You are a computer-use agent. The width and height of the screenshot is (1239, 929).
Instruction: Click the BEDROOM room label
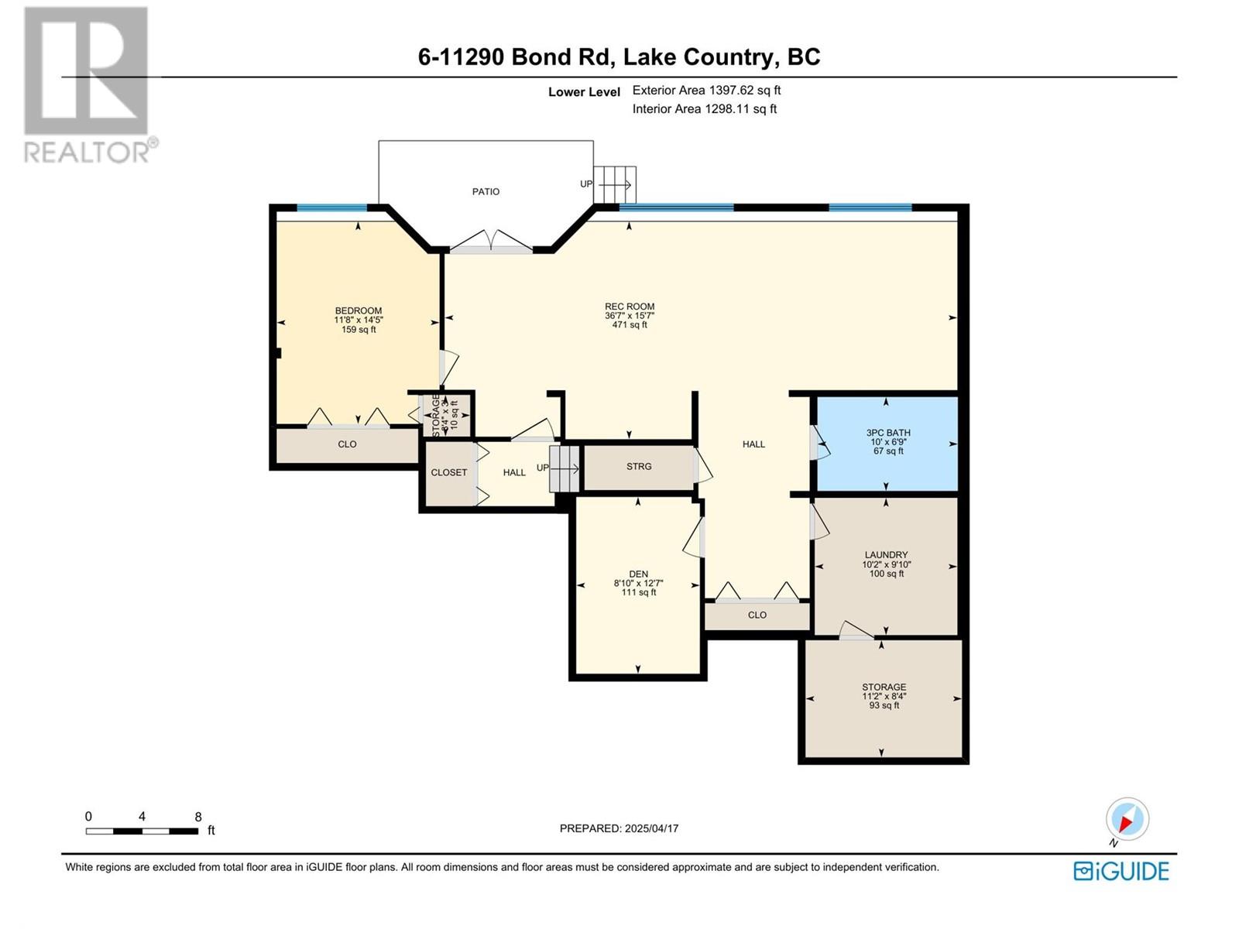[x=359, y=311]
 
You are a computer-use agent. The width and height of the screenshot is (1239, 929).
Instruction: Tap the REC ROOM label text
[x=630, y=307]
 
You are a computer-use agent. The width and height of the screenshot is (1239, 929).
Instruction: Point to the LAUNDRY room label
[x=886, y=555]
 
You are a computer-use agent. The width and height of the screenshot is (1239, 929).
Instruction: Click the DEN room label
[x=638, y=574]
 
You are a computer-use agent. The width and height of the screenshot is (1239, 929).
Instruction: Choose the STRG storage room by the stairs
[x=639, y=467]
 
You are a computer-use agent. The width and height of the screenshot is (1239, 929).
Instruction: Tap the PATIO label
[x=486, y=191]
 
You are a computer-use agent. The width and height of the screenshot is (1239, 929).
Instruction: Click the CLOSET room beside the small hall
[x=449, y=472]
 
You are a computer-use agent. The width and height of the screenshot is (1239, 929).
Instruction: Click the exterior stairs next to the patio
[x=616, y=184]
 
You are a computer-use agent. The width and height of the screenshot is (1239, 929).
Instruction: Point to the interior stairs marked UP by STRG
[x=565, y=468]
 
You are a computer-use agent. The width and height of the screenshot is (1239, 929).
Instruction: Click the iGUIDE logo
[x=1121, y=871]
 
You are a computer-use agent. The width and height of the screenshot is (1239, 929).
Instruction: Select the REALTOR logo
[x=87, y=85]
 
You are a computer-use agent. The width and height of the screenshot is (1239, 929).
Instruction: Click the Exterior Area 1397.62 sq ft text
[x=706, y=91]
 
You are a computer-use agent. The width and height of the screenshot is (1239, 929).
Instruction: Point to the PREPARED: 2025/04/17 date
[x=619, y=828]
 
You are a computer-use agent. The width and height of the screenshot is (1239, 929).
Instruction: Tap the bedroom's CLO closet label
[x=347, y=444]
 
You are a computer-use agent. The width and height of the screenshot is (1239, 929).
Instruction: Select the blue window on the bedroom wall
[x=332, y=207]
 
